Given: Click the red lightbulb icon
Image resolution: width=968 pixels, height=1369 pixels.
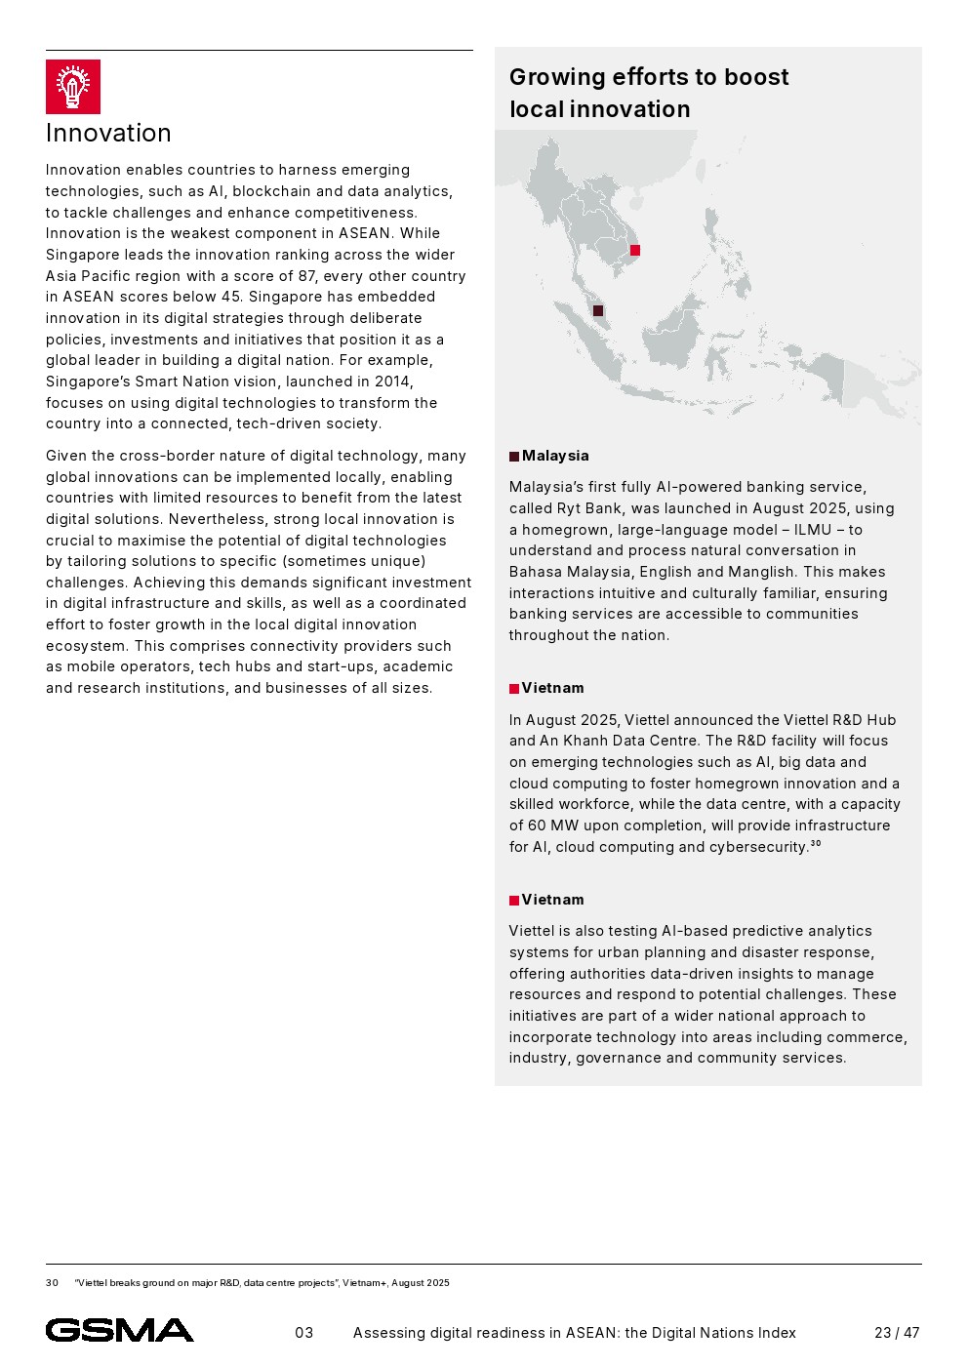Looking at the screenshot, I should pos(72,87).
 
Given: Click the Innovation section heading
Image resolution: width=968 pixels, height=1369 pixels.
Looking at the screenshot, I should pos(108,133).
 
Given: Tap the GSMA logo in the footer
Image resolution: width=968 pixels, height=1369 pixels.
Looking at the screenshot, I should pos(119,1330).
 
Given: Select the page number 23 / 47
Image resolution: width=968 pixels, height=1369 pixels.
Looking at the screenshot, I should pos(896,1333).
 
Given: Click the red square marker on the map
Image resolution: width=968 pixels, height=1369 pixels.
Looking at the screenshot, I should pos(635,251).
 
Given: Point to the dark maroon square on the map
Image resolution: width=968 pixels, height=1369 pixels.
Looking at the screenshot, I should pos(598,311).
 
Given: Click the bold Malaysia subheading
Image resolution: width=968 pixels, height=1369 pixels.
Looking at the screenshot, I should pos(555,456).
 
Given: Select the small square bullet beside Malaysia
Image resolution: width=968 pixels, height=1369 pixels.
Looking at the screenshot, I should pos(514,457).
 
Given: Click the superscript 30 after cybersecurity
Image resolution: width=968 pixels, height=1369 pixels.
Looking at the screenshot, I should pos(816,843).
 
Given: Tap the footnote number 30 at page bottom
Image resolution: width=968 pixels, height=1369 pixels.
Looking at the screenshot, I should pos(52,1283).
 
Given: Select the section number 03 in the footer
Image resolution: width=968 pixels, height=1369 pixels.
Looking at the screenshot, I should pos(304,1333).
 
